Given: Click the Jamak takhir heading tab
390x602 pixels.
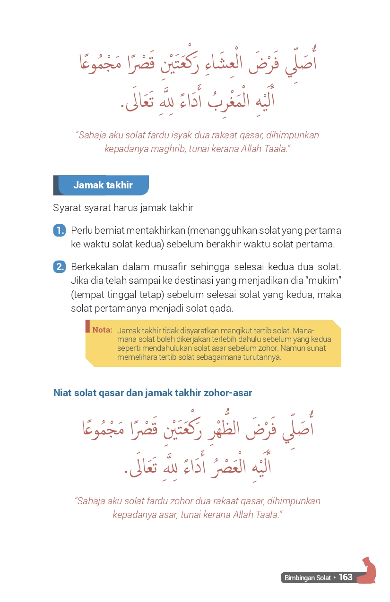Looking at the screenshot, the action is [103, 185].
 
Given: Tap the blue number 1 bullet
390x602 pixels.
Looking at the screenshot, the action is [59, 231].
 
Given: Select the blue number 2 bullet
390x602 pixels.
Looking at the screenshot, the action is [59, 267].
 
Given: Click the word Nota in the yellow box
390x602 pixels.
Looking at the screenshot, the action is [102, 330].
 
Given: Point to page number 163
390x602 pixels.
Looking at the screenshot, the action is [346, 577].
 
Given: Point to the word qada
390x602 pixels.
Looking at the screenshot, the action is [222, 309].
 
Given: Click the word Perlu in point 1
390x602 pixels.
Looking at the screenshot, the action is [81, 231].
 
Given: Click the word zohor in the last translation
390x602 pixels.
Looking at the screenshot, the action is [181, 501].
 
